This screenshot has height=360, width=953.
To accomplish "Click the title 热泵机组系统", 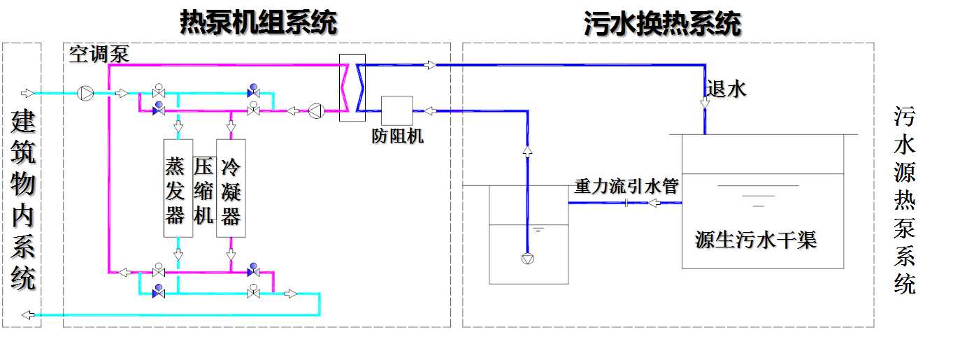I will (258, 23).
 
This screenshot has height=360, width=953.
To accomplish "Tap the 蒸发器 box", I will (178, 188).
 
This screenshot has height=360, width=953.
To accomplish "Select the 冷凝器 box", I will (231, 188).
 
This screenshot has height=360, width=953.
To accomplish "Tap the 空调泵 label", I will (99, 55).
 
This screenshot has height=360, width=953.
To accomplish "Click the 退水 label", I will (726, 88).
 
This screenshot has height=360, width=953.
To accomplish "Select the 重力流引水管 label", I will (626, 187).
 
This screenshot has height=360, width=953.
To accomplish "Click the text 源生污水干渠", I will (755, 240).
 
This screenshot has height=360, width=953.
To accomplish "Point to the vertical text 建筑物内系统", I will (23, 200).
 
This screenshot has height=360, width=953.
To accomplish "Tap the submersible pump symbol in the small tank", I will (527, 258).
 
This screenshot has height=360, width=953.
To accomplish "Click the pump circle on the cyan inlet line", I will (85, 93).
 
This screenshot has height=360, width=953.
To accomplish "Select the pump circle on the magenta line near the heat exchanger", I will (316, 110).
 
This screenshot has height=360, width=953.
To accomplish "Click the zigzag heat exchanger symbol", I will (352, 87).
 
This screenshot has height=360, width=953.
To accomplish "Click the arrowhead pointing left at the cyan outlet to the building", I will (27, 315).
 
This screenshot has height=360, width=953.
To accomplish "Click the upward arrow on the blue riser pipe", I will (527, 151).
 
